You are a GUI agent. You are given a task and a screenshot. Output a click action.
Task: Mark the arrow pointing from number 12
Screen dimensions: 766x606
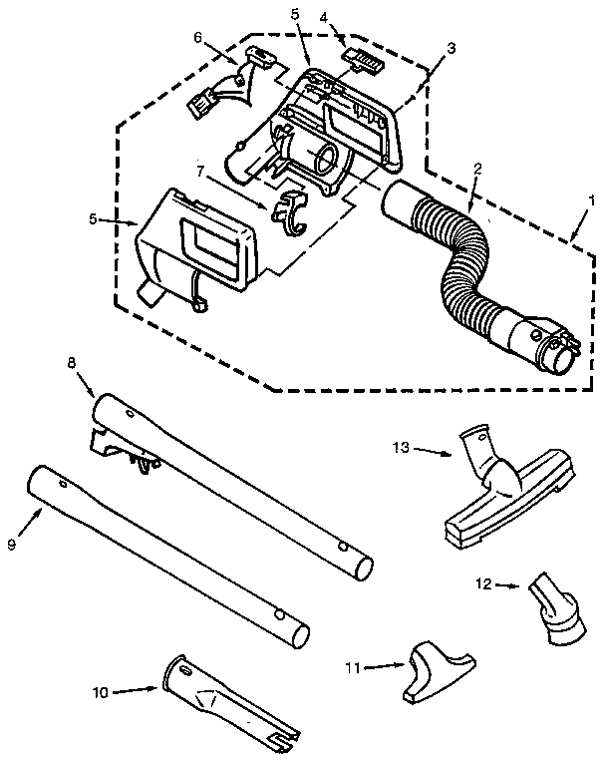(x=510, y=588)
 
